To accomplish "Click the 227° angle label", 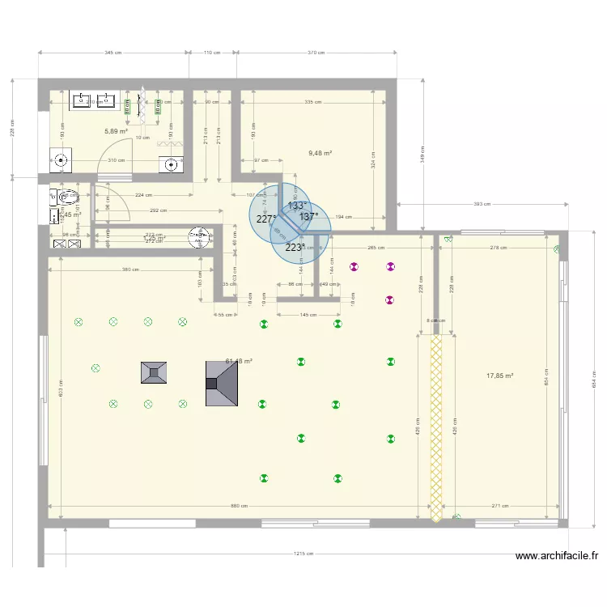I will pyautogui.click(x=265, y=219).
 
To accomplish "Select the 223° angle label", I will pyautogui.click(x=294, y=248).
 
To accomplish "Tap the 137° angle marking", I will pyautogui.click(x=308, y=217).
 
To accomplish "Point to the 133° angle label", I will pyautogui.click(x=296, y=206).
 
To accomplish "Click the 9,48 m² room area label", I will pyautogui.click(x=320, y=152).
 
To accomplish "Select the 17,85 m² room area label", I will pyautogui.click(x=499, y=376).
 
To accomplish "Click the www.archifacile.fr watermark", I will pyautogui.click(x=558, y=556).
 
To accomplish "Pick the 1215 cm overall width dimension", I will pyautogui.click(x=304, y=554).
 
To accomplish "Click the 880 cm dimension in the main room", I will pyautogui.click(x=238, y=507).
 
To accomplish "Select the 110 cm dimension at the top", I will pyautogui.click(x=212, y=53).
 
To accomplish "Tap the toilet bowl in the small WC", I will pyautogui.click(x=68, y=195).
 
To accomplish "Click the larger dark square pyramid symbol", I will pyautogui.click(x=222, y=384).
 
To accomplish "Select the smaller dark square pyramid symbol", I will pyautogui.click(x=154, y=373).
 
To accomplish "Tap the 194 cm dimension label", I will pyautogui.click(x=343, y=217).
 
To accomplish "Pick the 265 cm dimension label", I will pyautogui.click(x=375, y=248).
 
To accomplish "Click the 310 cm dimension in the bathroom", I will pyautogui.click(x=117, y=160).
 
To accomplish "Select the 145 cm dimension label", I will pyautogui.click(x=308, y=315).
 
